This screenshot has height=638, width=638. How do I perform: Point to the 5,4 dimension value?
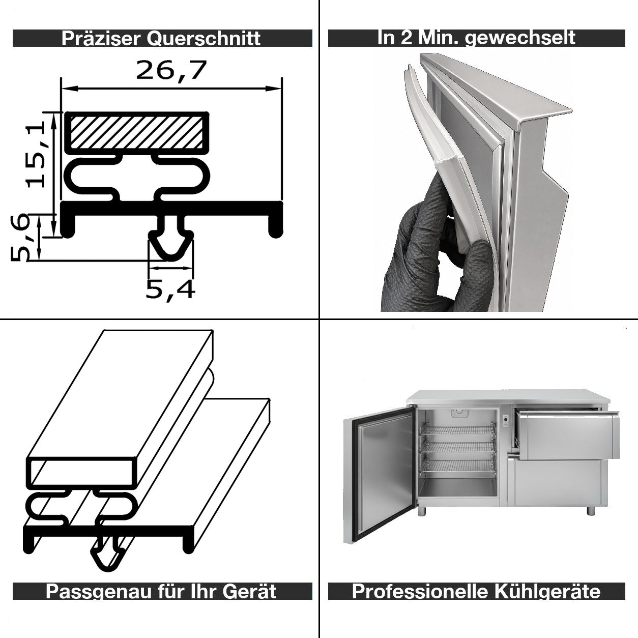point(170,291)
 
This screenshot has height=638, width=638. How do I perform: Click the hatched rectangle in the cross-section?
point(136,133)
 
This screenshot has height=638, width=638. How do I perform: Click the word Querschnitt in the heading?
point(204,38)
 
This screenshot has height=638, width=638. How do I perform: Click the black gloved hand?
point(437,252)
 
